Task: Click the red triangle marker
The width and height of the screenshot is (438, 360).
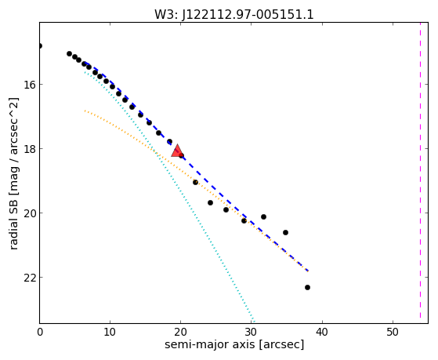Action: [x=177, y=151]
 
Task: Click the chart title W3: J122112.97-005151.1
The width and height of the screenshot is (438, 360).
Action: [x=234, y=15]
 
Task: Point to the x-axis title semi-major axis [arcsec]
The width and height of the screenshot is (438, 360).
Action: [x=234, y=344]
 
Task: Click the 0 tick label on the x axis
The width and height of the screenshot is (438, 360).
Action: [x=40, y=333]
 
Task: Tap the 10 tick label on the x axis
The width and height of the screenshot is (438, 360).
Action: [x=110, y=333]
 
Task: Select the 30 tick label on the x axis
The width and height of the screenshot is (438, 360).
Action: [x=251, y=333]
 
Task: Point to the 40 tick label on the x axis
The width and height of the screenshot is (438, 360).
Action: [x=322, y=333]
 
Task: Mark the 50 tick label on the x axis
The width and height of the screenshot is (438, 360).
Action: [x=393, y=333]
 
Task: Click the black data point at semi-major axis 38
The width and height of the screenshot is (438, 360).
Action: [x=308, y=287]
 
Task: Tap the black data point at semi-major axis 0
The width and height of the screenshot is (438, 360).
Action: [x=40, y=45]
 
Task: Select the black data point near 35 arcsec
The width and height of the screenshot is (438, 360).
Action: [x=285, y=232]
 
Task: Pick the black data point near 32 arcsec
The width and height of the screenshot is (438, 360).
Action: [x=263, y=216]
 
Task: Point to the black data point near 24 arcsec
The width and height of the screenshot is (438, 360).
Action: [x=210, y=203]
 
